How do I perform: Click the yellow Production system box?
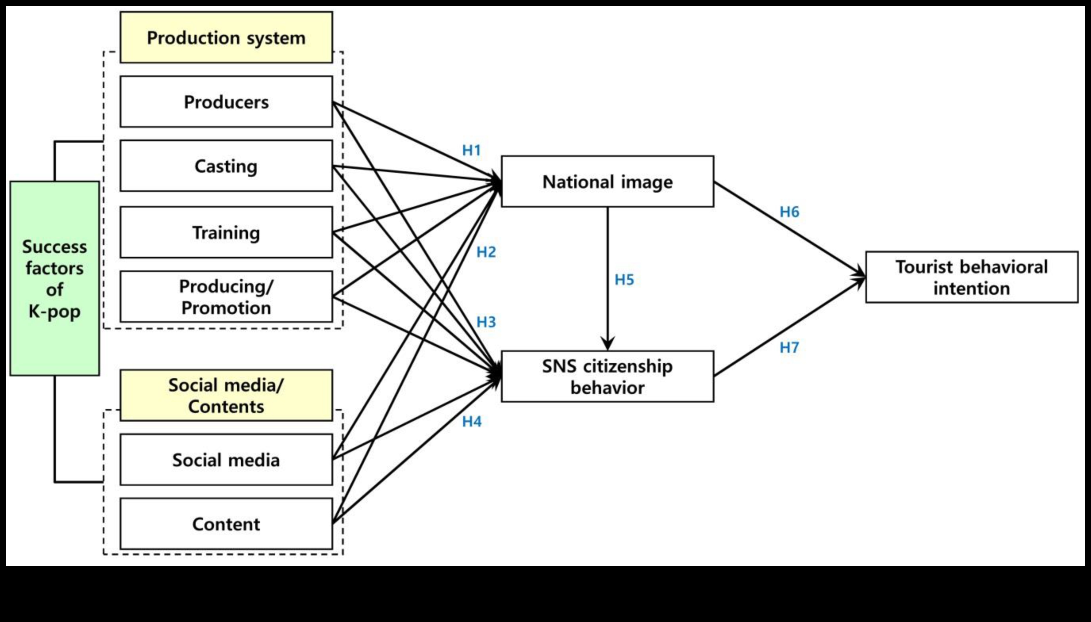(x=226, y=37)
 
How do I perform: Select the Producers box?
(x=226, y=102)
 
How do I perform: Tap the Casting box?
(x=226, y=166)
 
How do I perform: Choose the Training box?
(x=226, y=233)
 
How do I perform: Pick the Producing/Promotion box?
(x=226, y=296)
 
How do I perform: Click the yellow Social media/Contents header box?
(x=226, y=396)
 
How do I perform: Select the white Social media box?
(x=226, y=460)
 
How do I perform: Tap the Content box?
(x=226, y=524)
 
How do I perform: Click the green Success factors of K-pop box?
(x=55, y=278)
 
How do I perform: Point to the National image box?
(x=607, y=182)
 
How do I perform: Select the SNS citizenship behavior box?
(x=607, y=376)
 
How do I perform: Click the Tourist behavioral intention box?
(x=972, y=277)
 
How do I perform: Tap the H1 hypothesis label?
(x=472, y=150)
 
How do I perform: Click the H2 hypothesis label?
(x=486, y=252)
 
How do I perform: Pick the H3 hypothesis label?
(x=486, y=322)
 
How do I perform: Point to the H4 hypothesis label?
(x=472, y=422)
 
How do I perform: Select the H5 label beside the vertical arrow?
(x=624, y=280)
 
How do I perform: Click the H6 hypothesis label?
(x=789, y=212)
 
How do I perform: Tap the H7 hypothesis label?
(x=789, y=348)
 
